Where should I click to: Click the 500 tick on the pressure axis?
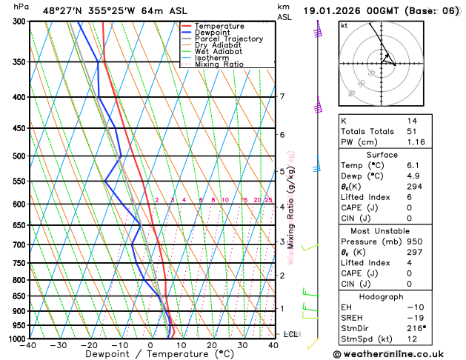click(x=18, y=156)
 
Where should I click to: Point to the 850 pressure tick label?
click(x=18, y=296)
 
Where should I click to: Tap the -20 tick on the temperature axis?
click(x=89, y=345)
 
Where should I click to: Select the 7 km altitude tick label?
click(x=282, y=96)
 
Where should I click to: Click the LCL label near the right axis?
click(x=290, y=334)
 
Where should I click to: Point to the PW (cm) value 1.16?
click(x=413, y=141)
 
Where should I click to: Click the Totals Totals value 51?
click(x=411, y=130)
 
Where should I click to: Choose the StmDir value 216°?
click(x=415, y=329)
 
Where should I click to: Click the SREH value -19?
click(x=413, y=318)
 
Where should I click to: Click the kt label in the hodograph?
click(x=344, y=26)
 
